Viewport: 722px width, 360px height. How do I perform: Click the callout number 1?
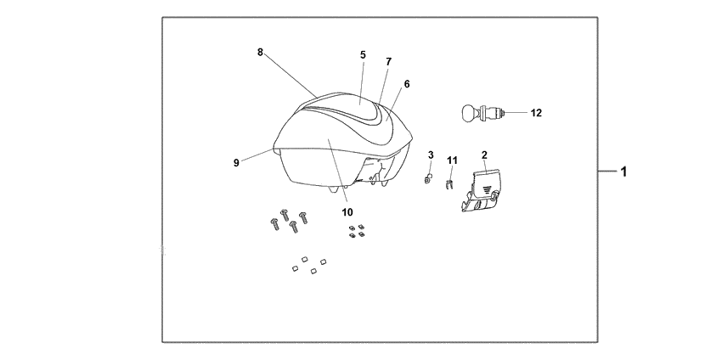click(x=623, y=172)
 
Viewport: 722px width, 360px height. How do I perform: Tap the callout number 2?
click(x=484, y=155)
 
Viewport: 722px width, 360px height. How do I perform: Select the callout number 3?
click(x=431, y=155)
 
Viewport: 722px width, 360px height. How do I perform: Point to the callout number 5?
click(x=363, y=55)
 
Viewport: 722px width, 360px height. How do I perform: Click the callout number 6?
click(x=407, y=84)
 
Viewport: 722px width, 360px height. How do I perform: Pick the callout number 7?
click(x=389, y=62)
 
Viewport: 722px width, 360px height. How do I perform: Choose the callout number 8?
click(x=260, y=53)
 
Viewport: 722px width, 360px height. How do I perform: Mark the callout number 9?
click(x=236, y=163)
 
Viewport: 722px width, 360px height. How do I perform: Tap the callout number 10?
click(x=347, y=212)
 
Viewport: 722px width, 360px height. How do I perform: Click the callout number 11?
click(x=452, y=160)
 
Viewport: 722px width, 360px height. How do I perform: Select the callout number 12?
click(x=536, y=113)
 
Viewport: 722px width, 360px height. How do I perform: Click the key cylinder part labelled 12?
click(x=482, y=113)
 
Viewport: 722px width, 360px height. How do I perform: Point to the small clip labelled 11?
click(x=449, y=185)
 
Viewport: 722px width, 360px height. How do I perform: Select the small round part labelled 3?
click(x=428, y=179)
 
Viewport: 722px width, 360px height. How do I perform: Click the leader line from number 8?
click(x=290, y=76)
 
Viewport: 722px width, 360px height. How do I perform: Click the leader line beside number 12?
click(x=516, y=113)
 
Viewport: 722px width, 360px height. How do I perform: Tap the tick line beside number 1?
click(x=607, y=172)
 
